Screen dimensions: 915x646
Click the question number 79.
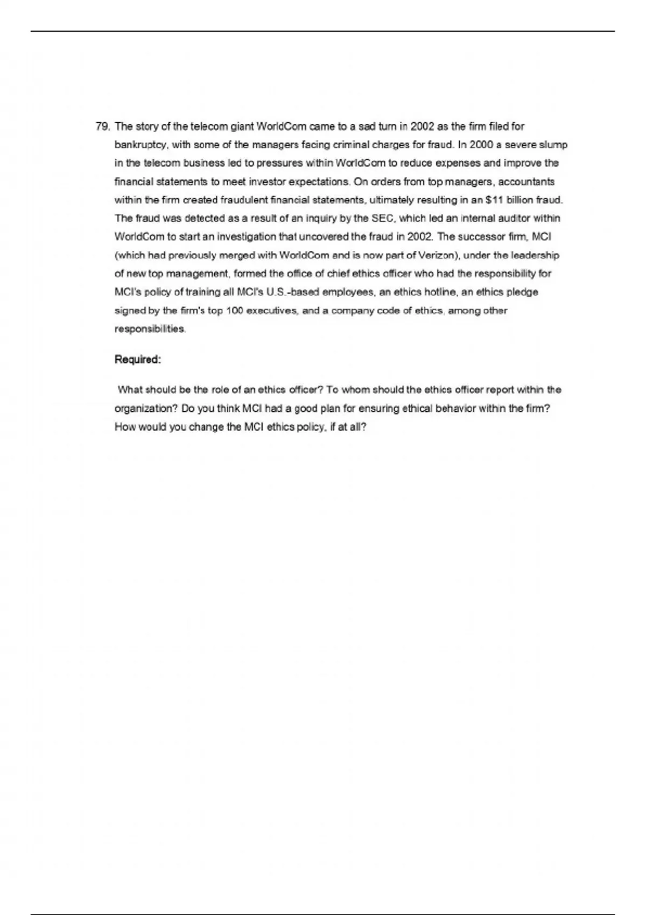click(x=102, y=127)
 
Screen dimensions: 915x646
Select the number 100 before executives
click(x=234, y=311)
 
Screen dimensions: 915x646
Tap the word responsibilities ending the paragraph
click(x=150, y=329)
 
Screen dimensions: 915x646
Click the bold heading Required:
click(x=138, y=360)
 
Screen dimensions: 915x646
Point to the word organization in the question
click(x=145, y=409)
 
